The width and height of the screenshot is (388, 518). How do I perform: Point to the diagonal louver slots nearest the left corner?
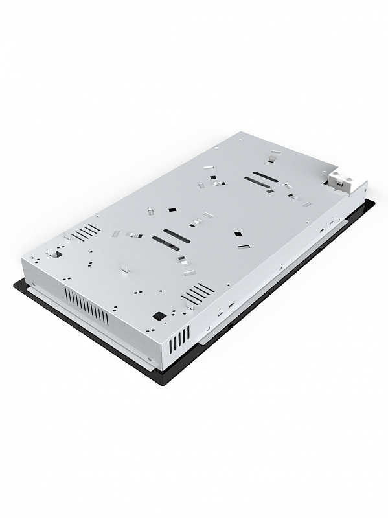coord(89,231)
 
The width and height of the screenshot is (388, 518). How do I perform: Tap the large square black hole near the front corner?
coord(157,316)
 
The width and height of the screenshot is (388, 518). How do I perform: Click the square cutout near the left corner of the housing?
coord(56,254)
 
